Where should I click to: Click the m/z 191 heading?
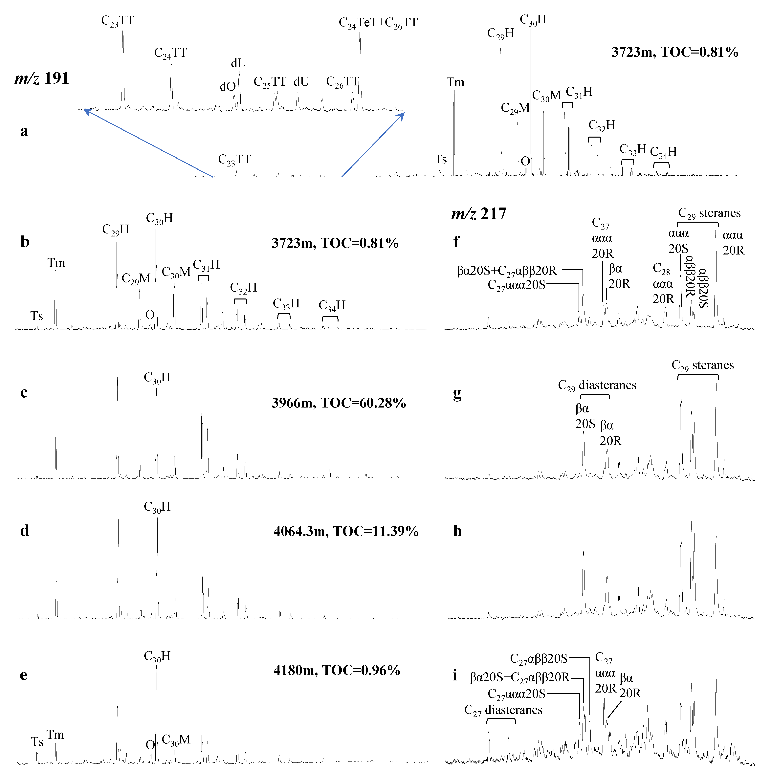tap(42, 78)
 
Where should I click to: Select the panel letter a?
tap(24, 131)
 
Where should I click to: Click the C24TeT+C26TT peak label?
tap(378, 23)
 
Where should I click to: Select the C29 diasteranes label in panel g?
tap(597, 386)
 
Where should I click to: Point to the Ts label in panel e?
tap(37, 742)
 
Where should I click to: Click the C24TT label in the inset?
tap(171, 53)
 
